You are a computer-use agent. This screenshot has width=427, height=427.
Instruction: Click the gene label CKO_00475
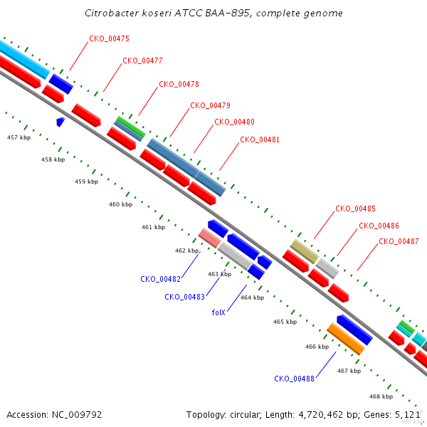pyautogui.click(x=109, y=38)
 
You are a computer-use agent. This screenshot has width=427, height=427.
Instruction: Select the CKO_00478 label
pyautogui.click(x=179, y=84)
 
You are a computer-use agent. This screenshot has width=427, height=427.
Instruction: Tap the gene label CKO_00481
pyautogui.click(x=260, y=139)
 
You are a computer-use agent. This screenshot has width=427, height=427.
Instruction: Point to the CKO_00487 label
pyautogui.click(x=399, y=241)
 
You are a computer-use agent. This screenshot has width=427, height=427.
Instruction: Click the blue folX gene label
pyautogui.click(x=218, y=312)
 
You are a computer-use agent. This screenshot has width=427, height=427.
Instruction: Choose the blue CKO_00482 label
pyautogui.click(x=160, y=279)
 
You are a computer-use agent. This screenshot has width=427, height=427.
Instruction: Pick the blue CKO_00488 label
pyautogui.click(x=294, y=379)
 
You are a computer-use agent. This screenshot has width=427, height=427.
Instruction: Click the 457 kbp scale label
pyautogui.click(x=19, y=137)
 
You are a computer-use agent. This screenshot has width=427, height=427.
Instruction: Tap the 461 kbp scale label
pyautogui.click(x=153, y=227)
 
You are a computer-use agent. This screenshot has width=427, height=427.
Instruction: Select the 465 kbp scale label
pyautogui.click(x=285, y=322)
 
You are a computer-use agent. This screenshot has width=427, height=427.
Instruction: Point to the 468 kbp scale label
pyautogui.click(x=381, y=396)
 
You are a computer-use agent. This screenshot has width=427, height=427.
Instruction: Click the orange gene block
pyautogui.click(x=346, y=339)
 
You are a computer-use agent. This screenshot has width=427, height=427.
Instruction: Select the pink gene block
pyautogui.click(x=209, y=238)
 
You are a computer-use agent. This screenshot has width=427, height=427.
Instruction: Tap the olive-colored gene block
pyautogui.click(x=304, y=252)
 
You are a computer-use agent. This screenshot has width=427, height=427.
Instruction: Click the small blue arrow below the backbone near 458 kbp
pyautogui.click(x=60, y=122)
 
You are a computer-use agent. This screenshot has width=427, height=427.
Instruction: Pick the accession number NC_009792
pyautogui.click(x=77, y=415)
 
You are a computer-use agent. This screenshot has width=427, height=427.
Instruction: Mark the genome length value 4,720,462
pyautogui.click(x=321, y=415)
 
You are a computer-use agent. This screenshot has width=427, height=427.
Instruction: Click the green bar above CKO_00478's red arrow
pyautogui.click(x=131, y=127)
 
